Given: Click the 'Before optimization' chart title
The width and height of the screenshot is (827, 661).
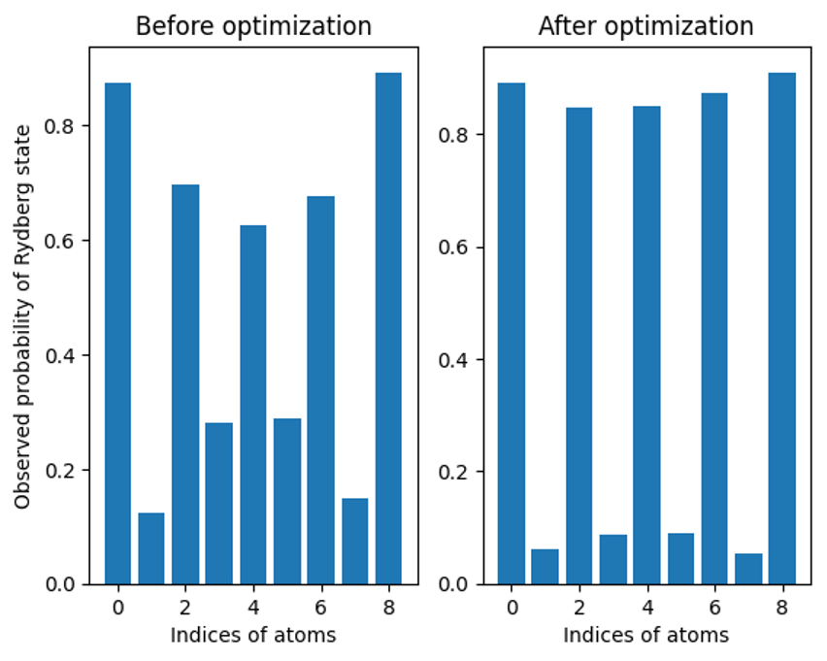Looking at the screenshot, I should click(253, 26).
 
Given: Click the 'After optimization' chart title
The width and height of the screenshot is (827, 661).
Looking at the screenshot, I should click(645, 26).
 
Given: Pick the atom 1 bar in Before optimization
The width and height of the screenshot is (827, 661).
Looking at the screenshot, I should click(151, 548).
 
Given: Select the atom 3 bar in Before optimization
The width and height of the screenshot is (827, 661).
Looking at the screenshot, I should click(219, 503).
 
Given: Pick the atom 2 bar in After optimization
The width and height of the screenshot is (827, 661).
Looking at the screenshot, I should click(579, 346).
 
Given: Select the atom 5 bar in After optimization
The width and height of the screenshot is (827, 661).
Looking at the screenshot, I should click(680, 558).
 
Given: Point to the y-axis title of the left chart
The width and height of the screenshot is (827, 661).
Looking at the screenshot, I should click(23, 315).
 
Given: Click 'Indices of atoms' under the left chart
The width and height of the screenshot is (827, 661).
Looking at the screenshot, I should click(253, 636).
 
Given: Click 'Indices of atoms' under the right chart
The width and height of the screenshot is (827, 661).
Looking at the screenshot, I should click(645, 636).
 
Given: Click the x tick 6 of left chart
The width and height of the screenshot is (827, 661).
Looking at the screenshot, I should click(320, 609).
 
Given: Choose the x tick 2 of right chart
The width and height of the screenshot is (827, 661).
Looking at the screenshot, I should click(579, 609).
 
